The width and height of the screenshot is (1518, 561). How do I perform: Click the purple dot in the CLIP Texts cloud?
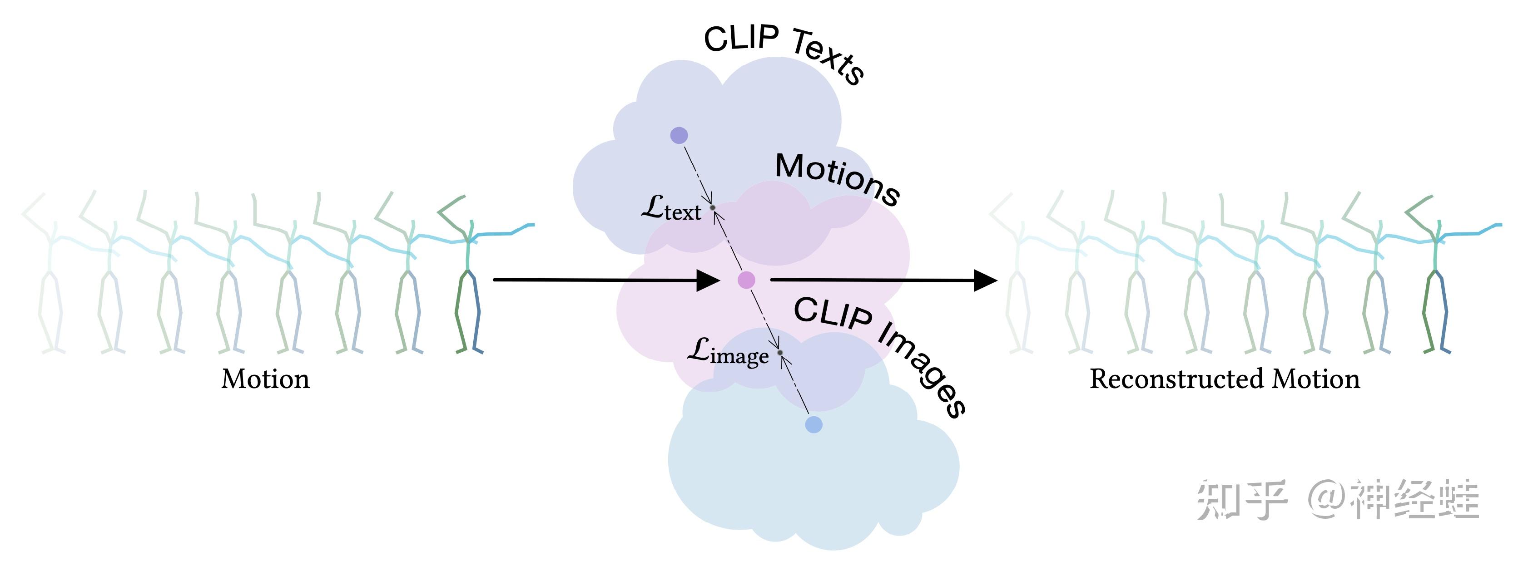(679, 135)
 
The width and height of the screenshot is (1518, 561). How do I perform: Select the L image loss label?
(728, 353)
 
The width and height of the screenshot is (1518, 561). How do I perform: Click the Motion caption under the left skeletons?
(265, 379)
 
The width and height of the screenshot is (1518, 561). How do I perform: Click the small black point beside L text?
(713, 208)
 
